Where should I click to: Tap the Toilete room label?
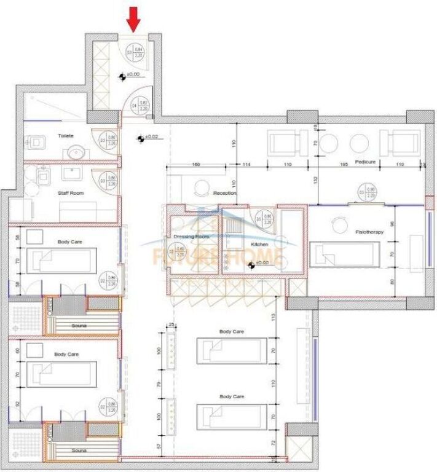(66, 135)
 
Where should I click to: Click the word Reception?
(224, 193)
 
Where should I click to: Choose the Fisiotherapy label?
(370, 232)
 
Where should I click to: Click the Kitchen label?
(259, 244)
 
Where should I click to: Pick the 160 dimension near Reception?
(196, 165)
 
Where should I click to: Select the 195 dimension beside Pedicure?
(344, 165)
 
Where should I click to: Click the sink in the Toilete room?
(76, 151)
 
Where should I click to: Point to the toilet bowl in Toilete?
(37, 142)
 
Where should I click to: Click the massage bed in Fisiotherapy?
(345, 253)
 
